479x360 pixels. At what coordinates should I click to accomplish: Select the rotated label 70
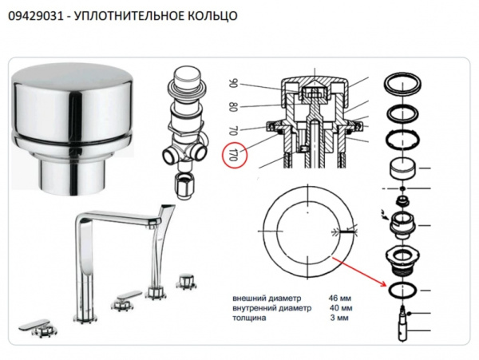234,128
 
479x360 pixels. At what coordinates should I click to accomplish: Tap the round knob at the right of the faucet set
188,281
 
